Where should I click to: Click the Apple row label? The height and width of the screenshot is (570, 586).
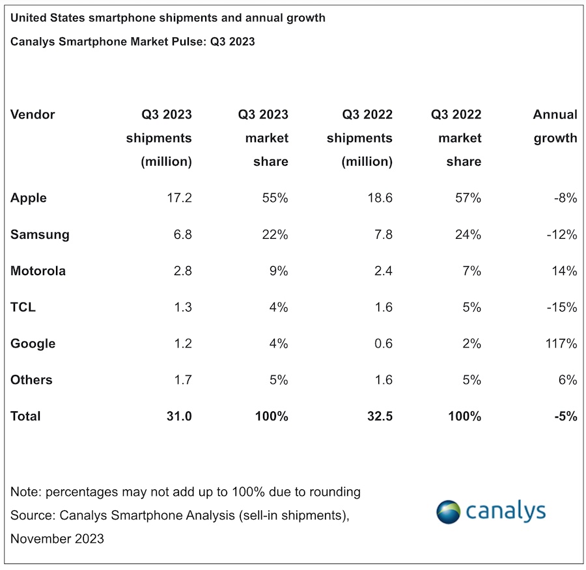tap(29, 198)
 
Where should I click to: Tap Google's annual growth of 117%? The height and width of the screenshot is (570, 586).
tap(562, 344)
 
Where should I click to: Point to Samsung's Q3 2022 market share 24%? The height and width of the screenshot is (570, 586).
tap(467, 234)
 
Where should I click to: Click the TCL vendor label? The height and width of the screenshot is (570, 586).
tap(23, 307)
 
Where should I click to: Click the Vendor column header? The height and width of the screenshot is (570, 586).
tap(33, 115)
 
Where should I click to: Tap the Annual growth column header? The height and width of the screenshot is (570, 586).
tap(555, 126)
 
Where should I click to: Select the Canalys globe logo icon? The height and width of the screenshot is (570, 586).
tap(448, 512)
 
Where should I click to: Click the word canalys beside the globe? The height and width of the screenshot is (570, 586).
tap(505, 511)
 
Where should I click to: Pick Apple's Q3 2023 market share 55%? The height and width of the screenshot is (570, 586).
tap(275, 198)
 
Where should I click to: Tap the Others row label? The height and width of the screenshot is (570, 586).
tap(31, 380)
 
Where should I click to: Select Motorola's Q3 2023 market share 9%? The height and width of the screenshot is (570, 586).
tap(279, 271)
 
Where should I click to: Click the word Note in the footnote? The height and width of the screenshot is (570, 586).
tap(25, 492)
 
